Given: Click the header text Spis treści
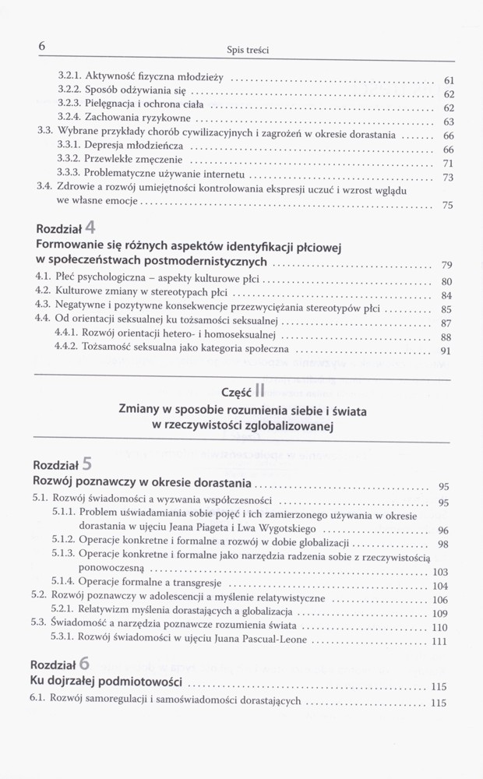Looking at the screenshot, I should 248,50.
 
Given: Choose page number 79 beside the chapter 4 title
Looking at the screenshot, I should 447,264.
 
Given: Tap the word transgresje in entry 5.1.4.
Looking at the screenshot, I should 195,585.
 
